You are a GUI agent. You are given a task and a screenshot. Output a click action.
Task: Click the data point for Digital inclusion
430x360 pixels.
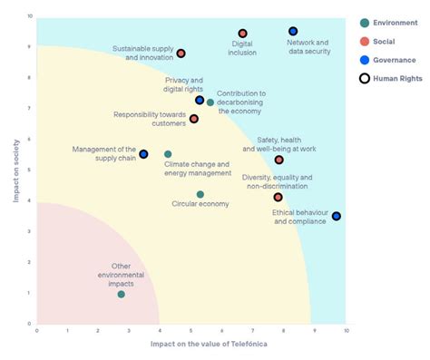242,34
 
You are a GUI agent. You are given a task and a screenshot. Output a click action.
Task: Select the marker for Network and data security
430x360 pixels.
293,32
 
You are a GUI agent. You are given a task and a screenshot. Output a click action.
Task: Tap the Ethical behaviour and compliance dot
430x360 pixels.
337,216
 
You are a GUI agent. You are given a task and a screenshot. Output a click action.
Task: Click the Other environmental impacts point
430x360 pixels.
122,294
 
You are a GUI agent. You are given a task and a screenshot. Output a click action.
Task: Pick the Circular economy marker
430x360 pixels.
200,194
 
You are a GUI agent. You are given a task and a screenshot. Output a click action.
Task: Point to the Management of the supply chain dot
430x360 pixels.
143,154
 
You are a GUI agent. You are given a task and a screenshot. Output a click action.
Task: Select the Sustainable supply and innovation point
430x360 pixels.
181,54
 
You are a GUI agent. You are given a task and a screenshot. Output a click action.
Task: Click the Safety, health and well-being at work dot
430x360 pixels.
279,160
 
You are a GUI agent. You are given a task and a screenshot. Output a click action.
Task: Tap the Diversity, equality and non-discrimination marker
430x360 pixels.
279,197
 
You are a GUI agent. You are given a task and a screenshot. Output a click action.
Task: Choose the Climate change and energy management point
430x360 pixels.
168,154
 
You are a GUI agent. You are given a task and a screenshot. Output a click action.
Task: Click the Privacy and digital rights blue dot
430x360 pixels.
200,100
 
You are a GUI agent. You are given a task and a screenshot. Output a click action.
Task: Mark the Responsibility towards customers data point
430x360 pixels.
194,119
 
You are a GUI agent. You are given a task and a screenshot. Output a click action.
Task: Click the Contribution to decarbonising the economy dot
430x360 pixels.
210,102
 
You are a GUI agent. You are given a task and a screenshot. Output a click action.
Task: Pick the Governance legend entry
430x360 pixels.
390,60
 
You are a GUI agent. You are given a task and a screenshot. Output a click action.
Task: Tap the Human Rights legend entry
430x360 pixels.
392,79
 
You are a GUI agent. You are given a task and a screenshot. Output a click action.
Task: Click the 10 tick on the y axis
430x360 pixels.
30,16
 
